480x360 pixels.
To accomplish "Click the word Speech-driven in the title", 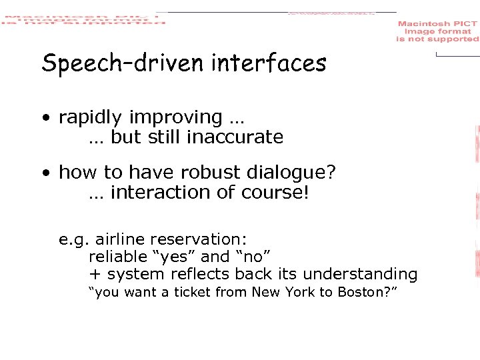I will click(123, 64).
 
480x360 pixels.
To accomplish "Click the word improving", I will click(175, 118).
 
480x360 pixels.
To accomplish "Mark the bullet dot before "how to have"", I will click(46, 174).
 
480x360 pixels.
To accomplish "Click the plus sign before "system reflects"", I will click(94, 275).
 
